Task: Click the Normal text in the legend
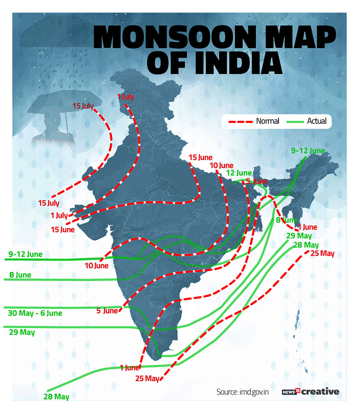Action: [267, 121]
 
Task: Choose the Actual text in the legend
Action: [316, 121]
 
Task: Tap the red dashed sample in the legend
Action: [238, 121]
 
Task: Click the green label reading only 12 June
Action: [239, 173]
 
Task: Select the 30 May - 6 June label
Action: [35, 313]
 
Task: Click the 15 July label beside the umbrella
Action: [84, 106]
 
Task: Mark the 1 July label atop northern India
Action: [126, 97]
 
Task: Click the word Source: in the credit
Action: [228, 392]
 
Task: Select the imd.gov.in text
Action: [254, 392]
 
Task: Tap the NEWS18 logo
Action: [291, 392]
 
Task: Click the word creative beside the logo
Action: [321, 392]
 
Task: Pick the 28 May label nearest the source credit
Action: [56, 397]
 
